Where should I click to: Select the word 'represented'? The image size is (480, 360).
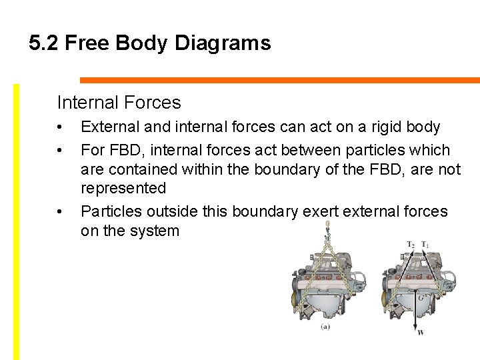tap(123, 189)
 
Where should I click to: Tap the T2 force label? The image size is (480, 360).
tap(411, 245)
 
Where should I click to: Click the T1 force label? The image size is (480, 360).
tap(425, 245)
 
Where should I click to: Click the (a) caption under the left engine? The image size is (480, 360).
tap(325, 327)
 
